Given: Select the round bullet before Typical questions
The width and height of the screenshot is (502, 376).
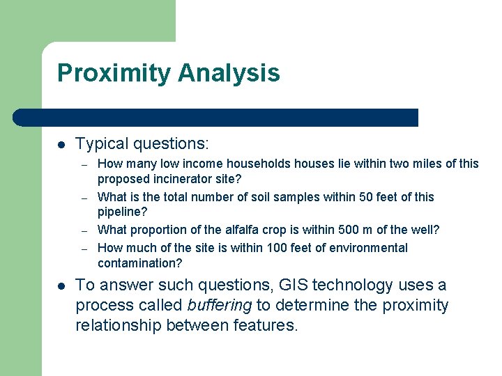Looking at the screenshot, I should [x=61, y=145].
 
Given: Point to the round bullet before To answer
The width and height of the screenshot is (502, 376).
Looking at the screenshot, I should [x=61, y=286].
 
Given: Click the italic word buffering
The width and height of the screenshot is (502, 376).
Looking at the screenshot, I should [x=220, y=306].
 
